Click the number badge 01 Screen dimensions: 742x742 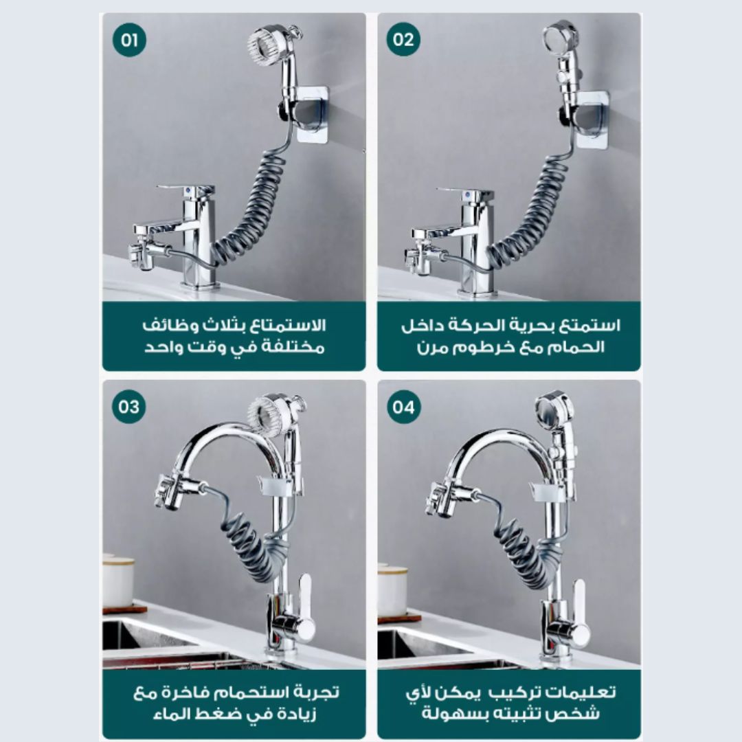tap(129, 40)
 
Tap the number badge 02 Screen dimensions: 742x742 tap(403, 40)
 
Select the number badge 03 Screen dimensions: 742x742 tap(129, 407)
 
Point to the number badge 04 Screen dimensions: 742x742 tap(403, 407)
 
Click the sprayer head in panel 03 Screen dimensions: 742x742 tap(274, 412)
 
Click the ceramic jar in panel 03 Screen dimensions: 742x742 tap(118, 581)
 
